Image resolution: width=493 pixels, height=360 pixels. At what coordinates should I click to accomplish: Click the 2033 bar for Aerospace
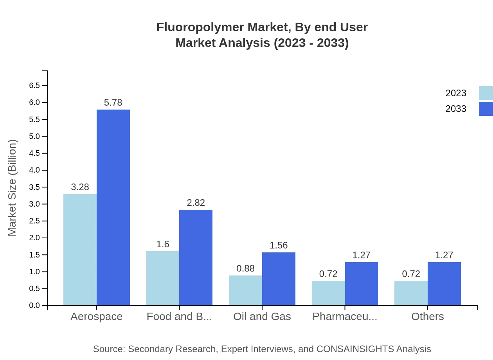point(113,207)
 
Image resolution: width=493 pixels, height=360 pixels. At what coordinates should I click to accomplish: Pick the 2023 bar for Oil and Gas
point(245,290)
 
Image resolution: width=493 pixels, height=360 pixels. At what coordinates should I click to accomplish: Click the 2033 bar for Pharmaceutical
point(362,284)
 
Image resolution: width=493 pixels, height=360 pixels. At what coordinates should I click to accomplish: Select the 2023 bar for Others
point(411,293)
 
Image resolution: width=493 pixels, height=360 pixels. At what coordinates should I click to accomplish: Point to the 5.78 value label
point(113,103)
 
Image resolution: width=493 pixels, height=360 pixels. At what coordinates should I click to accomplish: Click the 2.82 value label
point(196,203)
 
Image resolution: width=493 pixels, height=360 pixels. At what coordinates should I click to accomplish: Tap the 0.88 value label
point(245,268)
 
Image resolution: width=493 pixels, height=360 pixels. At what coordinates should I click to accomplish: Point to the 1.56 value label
point(279,245)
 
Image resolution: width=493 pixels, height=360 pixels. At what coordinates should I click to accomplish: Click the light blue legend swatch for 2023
point(486,93)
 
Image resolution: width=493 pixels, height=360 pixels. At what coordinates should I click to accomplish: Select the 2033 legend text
point(456,109)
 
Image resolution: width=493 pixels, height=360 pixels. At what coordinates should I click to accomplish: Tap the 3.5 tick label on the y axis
point(34,187)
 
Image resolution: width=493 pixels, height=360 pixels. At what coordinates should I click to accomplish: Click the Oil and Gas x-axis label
point(262,317)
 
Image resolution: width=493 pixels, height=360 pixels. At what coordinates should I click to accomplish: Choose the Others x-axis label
point(427,317)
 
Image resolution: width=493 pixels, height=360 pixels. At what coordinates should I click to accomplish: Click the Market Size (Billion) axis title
point(13,188)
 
